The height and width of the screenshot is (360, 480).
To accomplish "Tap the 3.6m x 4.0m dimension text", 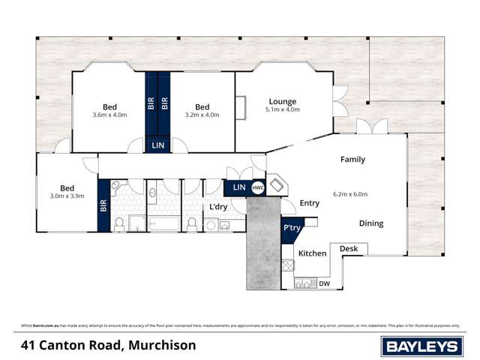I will click(x=109, y=115).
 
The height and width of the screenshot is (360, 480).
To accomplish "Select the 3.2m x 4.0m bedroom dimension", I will click(x=202, y=115).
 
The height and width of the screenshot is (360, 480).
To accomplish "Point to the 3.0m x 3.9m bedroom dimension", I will click(x=67, y=196).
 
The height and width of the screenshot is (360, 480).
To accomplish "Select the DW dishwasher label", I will click(x=324, y=283).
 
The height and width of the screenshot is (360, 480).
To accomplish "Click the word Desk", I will click(x=348, y=248).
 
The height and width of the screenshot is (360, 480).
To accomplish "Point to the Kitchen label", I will click(x=313, y=253).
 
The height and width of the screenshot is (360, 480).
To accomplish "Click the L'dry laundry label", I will click(x=218, y=206).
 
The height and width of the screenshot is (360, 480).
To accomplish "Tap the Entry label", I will click(x=309, y=203).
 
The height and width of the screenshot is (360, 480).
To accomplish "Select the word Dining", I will click(x=370, y=223).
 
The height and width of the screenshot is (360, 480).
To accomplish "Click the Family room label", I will click(x=352, y=159).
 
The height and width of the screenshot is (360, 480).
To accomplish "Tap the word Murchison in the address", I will click(x=162, y=345).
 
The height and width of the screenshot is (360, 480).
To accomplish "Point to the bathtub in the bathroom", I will click(x=163, y=223).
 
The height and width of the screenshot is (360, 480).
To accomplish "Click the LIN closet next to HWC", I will click(x=239, y=187).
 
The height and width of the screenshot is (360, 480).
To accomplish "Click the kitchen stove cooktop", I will click(x=288, y=265).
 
